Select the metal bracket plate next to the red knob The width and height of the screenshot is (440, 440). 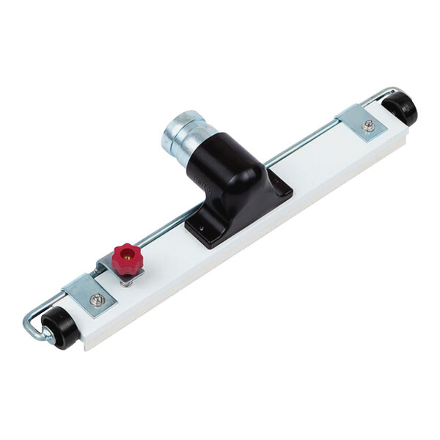pos(92,297)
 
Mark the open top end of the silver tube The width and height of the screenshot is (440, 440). pos(180,120)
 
